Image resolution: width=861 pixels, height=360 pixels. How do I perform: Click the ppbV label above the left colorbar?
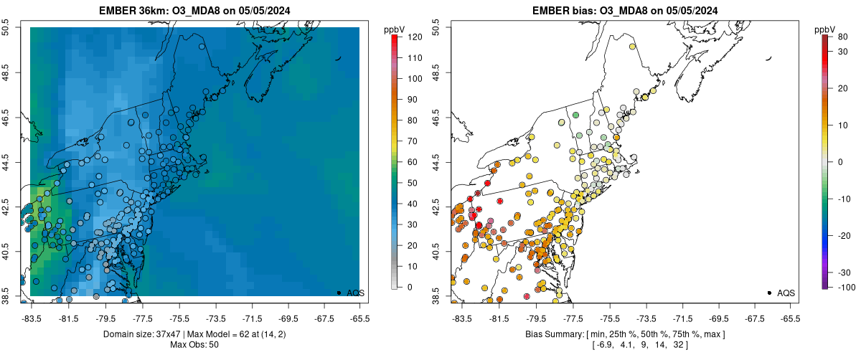(394, 29)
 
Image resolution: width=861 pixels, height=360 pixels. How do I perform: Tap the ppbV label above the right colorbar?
(824, 29)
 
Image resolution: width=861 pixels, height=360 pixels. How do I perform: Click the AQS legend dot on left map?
(339, 293)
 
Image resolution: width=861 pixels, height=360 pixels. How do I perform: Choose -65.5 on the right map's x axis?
(790, 318)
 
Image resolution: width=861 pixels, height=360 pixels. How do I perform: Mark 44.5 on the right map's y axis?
(436, 160)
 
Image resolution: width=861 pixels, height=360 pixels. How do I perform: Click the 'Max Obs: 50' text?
(194, 345)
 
